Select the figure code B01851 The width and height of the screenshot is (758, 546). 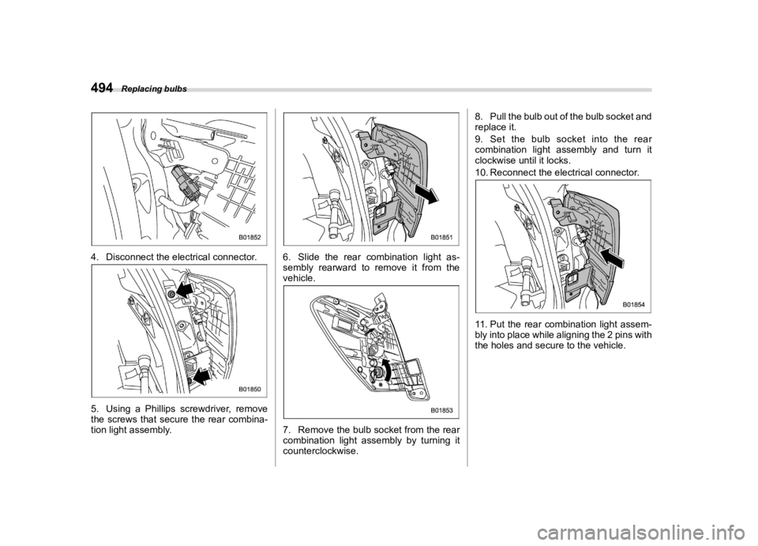tap(441, 236)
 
